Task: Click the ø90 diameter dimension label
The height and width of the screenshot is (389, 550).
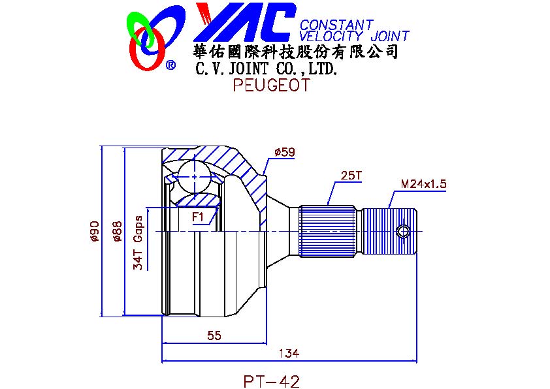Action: [x=94, y=231]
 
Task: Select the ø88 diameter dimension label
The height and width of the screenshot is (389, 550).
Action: [x=117, y=231]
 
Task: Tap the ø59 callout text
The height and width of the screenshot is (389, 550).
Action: [x=285, y=152]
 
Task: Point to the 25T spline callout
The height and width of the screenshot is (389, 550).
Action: [x=351, y=175]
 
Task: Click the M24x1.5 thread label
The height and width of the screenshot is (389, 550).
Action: [x=424, y=183]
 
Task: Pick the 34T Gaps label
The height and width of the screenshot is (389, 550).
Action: [x=138, y=243]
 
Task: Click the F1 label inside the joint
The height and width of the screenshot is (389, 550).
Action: [x=198, y=217]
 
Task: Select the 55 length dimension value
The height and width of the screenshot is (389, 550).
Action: [x=214, y=335]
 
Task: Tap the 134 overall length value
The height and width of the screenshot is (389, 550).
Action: [x=289, y=353]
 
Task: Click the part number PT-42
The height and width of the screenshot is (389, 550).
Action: [x=272, y=381]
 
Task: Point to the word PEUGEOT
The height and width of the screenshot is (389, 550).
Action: [x=272, y=85]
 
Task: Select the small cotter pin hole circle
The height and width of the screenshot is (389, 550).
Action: [x=404, y=231]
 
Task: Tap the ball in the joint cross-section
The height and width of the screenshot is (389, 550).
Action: [x=195, y=177]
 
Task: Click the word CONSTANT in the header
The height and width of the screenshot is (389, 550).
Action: [x=336, y=25]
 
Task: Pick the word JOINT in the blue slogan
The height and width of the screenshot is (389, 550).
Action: [x=390, y=36]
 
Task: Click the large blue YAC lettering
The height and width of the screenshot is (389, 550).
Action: [x=244, y=22]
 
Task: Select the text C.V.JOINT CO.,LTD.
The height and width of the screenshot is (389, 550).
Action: [x=267, y=69]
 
